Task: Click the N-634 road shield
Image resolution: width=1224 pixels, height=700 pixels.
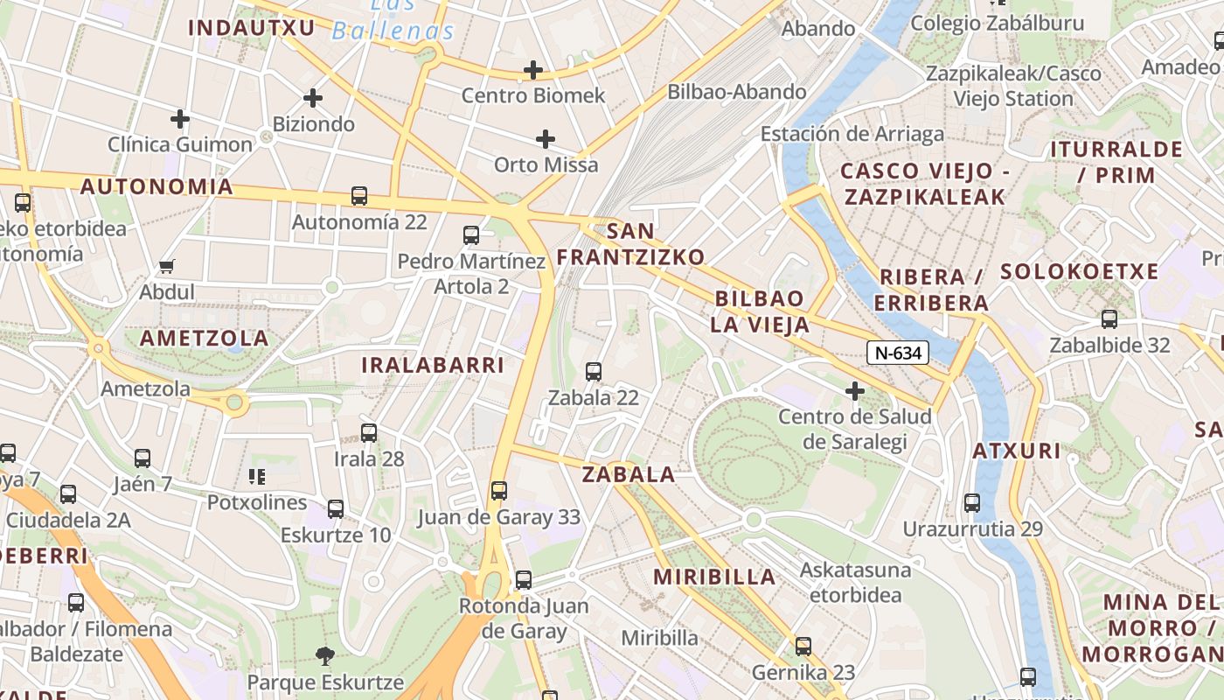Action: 897,353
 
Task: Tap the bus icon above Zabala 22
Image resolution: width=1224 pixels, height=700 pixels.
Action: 594,372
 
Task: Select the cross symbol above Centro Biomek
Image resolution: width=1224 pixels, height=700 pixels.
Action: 532,70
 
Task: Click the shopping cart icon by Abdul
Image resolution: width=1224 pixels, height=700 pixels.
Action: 167,266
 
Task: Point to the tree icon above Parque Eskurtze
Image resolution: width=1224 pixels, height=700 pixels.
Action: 324,655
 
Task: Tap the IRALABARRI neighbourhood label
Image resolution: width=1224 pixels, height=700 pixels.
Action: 433,366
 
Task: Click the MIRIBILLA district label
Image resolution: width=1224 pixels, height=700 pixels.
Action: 714,577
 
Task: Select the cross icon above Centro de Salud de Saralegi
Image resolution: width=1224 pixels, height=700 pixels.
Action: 855,391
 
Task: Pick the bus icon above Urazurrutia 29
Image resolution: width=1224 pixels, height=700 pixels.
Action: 972,503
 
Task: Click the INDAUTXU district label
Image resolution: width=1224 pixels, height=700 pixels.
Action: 252,28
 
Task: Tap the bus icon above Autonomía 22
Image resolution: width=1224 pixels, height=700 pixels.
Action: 358,196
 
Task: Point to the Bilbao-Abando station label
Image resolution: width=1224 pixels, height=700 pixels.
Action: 736,92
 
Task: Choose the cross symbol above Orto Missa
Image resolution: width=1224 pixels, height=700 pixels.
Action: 546,139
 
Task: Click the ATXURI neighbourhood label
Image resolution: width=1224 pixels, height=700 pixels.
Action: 1016,451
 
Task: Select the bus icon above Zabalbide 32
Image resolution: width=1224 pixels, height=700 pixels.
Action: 1109,319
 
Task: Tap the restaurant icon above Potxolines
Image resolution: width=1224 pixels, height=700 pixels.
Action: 257,477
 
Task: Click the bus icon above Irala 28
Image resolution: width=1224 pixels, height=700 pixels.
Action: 369,432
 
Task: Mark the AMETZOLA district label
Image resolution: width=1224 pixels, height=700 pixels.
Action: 205,339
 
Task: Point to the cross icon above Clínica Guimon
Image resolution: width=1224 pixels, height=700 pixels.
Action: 180,119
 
